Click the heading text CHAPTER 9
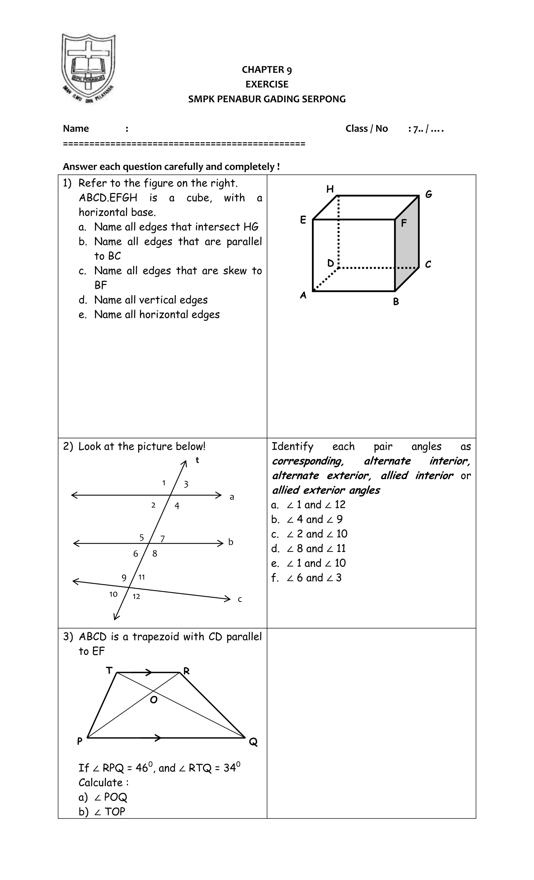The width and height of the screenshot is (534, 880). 267,70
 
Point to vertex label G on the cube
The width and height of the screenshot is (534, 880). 429,194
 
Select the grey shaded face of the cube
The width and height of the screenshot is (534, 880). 407,243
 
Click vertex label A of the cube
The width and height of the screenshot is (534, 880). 303,295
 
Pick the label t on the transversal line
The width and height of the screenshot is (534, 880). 197,461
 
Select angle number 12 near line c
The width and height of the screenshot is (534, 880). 136,596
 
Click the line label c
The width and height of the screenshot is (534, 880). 240,600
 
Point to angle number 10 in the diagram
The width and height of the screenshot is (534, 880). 113,594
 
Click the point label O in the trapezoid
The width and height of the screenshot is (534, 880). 154,700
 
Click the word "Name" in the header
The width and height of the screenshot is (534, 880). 76,129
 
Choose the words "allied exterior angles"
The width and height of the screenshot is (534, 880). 326,490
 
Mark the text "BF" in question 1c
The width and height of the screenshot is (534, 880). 101,285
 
